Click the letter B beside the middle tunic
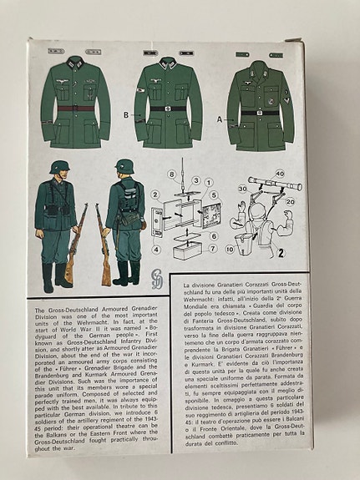click(126, 114)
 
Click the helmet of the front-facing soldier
click(58, 167)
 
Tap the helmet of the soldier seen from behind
click(125, 166)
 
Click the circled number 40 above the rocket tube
click(279, 174)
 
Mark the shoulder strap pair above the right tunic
click(255, 54)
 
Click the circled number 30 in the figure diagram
click(241, 189)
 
